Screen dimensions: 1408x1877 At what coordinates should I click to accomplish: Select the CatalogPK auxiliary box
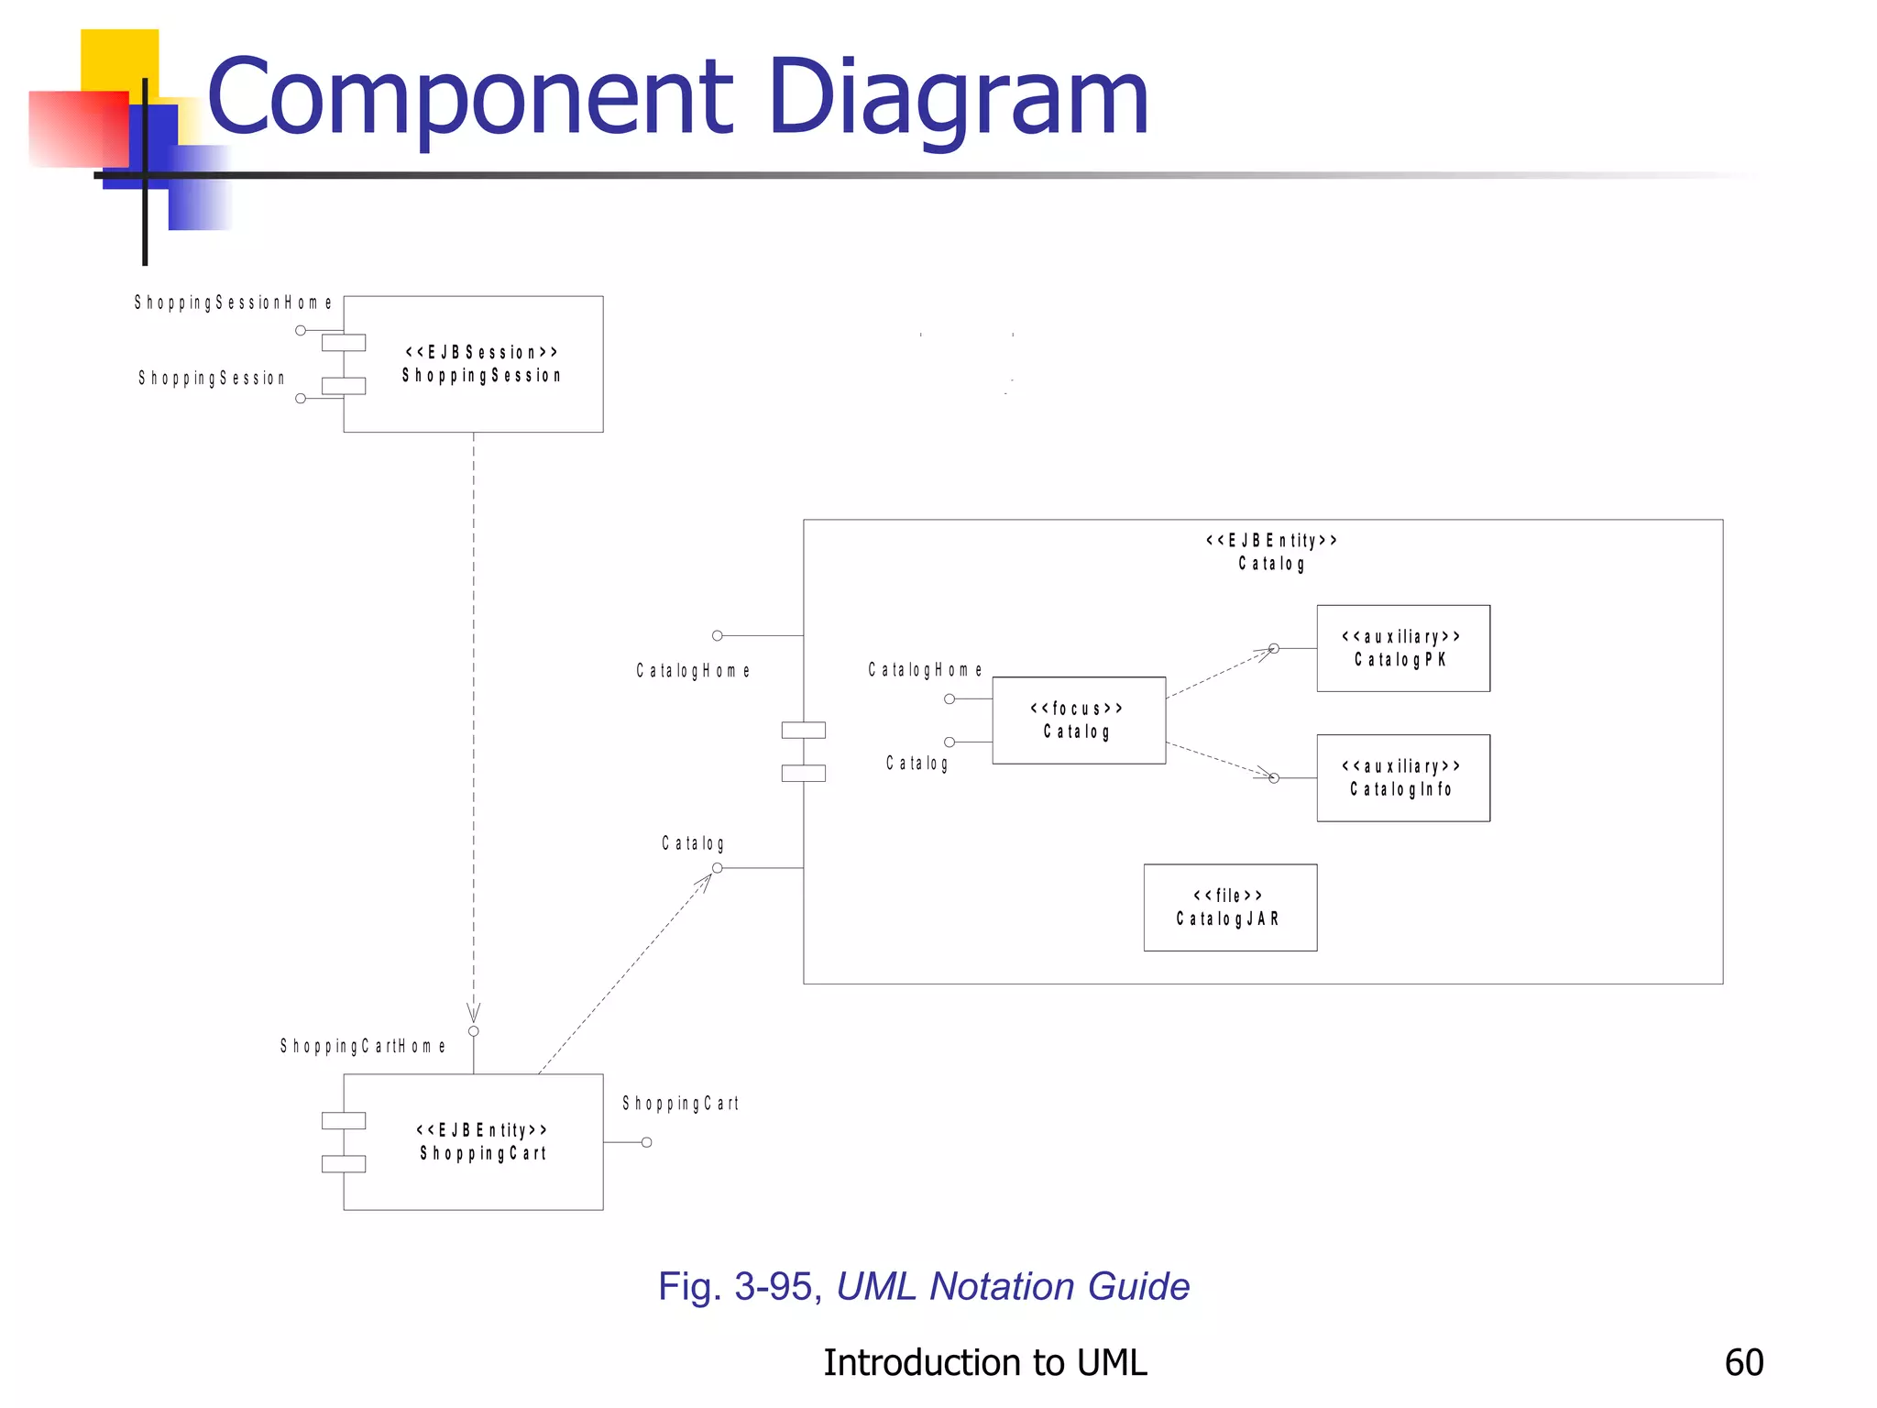click(x=1402, y=648)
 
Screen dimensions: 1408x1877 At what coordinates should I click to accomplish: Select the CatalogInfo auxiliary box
click(x=1402, y=777)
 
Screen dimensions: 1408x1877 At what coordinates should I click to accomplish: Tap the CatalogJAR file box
click(x=1229, y=907)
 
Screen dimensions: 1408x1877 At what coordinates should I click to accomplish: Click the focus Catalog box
click(x=1078, y=720)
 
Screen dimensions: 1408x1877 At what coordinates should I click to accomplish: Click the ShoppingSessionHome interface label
click(x=233, y=302)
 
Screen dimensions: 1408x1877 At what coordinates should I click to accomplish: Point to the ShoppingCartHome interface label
click(x=363, y=1046)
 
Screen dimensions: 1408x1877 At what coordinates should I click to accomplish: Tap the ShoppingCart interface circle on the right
click(x=647, y=1142)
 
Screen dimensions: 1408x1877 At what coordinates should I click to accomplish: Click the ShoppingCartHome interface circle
click(x=474, y=1031)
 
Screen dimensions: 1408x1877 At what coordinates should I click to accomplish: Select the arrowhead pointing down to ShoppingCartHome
click(x=474, y=1013)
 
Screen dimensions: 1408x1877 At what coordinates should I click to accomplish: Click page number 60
click(x=1743, y=1363)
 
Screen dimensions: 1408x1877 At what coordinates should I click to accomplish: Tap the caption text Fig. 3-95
click(x=735, y=1286)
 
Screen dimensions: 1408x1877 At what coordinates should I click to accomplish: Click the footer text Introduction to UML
click(x=984, y=1363)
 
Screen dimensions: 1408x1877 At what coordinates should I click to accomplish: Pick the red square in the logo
click(x=78, y=128)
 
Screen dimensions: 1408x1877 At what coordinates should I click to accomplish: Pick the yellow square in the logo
click(x=119, y=60)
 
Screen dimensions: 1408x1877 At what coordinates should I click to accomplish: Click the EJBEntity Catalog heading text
click(x=1271, y=552)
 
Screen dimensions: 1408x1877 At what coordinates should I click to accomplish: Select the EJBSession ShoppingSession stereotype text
click(x=481, y=364)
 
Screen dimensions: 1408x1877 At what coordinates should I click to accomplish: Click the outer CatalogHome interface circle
click(x=718, y=635)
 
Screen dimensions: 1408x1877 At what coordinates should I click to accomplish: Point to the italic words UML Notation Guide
click(x=1013, y=1286)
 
